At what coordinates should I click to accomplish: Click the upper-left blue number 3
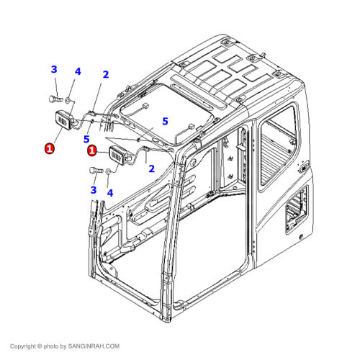point(54,70)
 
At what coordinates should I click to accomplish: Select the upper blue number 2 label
point(106,74)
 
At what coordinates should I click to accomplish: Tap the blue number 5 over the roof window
point(164,121)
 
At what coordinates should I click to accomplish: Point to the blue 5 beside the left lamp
point(86,138)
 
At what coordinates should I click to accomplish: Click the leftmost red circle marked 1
point(49,148)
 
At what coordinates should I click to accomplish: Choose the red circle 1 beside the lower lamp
point(92,150)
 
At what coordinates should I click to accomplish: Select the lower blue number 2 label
point(151,169)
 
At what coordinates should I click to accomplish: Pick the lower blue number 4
point(110,192)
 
